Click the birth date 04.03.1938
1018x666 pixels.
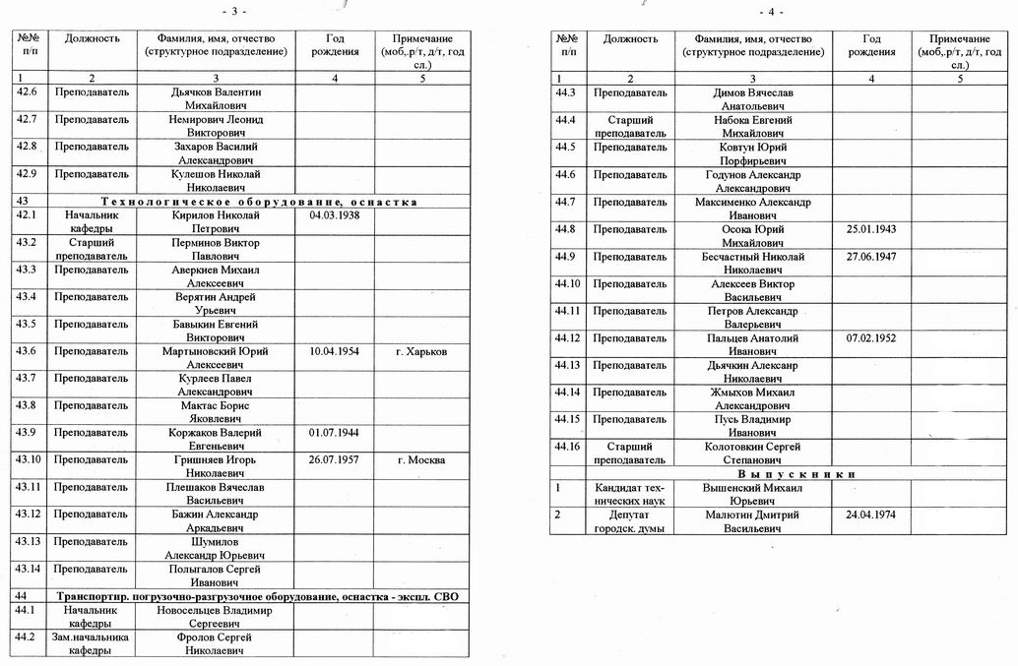(x=334, y=214)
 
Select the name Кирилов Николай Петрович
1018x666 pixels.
(x=215, y=221)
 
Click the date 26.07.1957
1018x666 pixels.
(x=334, y=459)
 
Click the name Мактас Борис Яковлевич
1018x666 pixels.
(x=215, y=412)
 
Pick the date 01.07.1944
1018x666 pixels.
(x=334, y=432)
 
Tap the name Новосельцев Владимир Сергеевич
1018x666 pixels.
(x=215, y=617)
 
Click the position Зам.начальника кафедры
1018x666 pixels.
(x=91, y=643)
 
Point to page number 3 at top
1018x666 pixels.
(x=234, y=11)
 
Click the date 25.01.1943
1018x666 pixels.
(x=871, y=229)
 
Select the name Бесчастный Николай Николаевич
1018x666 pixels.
(x=753, y=264)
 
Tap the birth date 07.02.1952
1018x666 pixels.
(x=871, y=337)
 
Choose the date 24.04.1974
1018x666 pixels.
(x=871, y=515)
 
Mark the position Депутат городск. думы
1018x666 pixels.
(x=630, y=521)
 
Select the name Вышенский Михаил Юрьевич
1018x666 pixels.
(x=753, y=494)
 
